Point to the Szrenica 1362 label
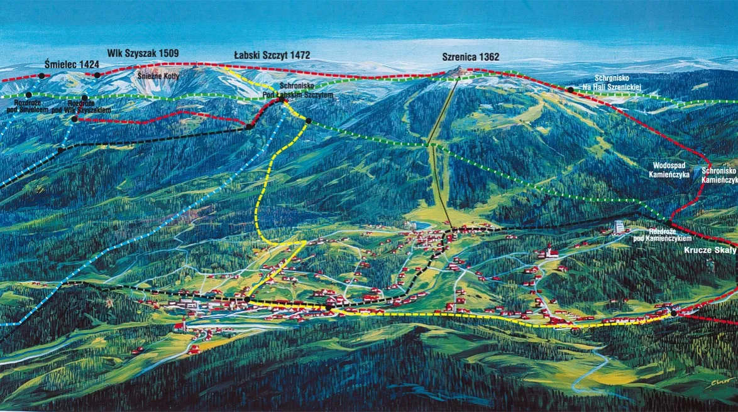click(471, 57)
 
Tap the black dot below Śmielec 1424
click(41, 75)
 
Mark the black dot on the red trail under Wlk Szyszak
click(97, 75)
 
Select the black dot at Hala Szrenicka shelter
click(570, 90)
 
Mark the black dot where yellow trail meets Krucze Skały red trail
click(674, 313)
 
